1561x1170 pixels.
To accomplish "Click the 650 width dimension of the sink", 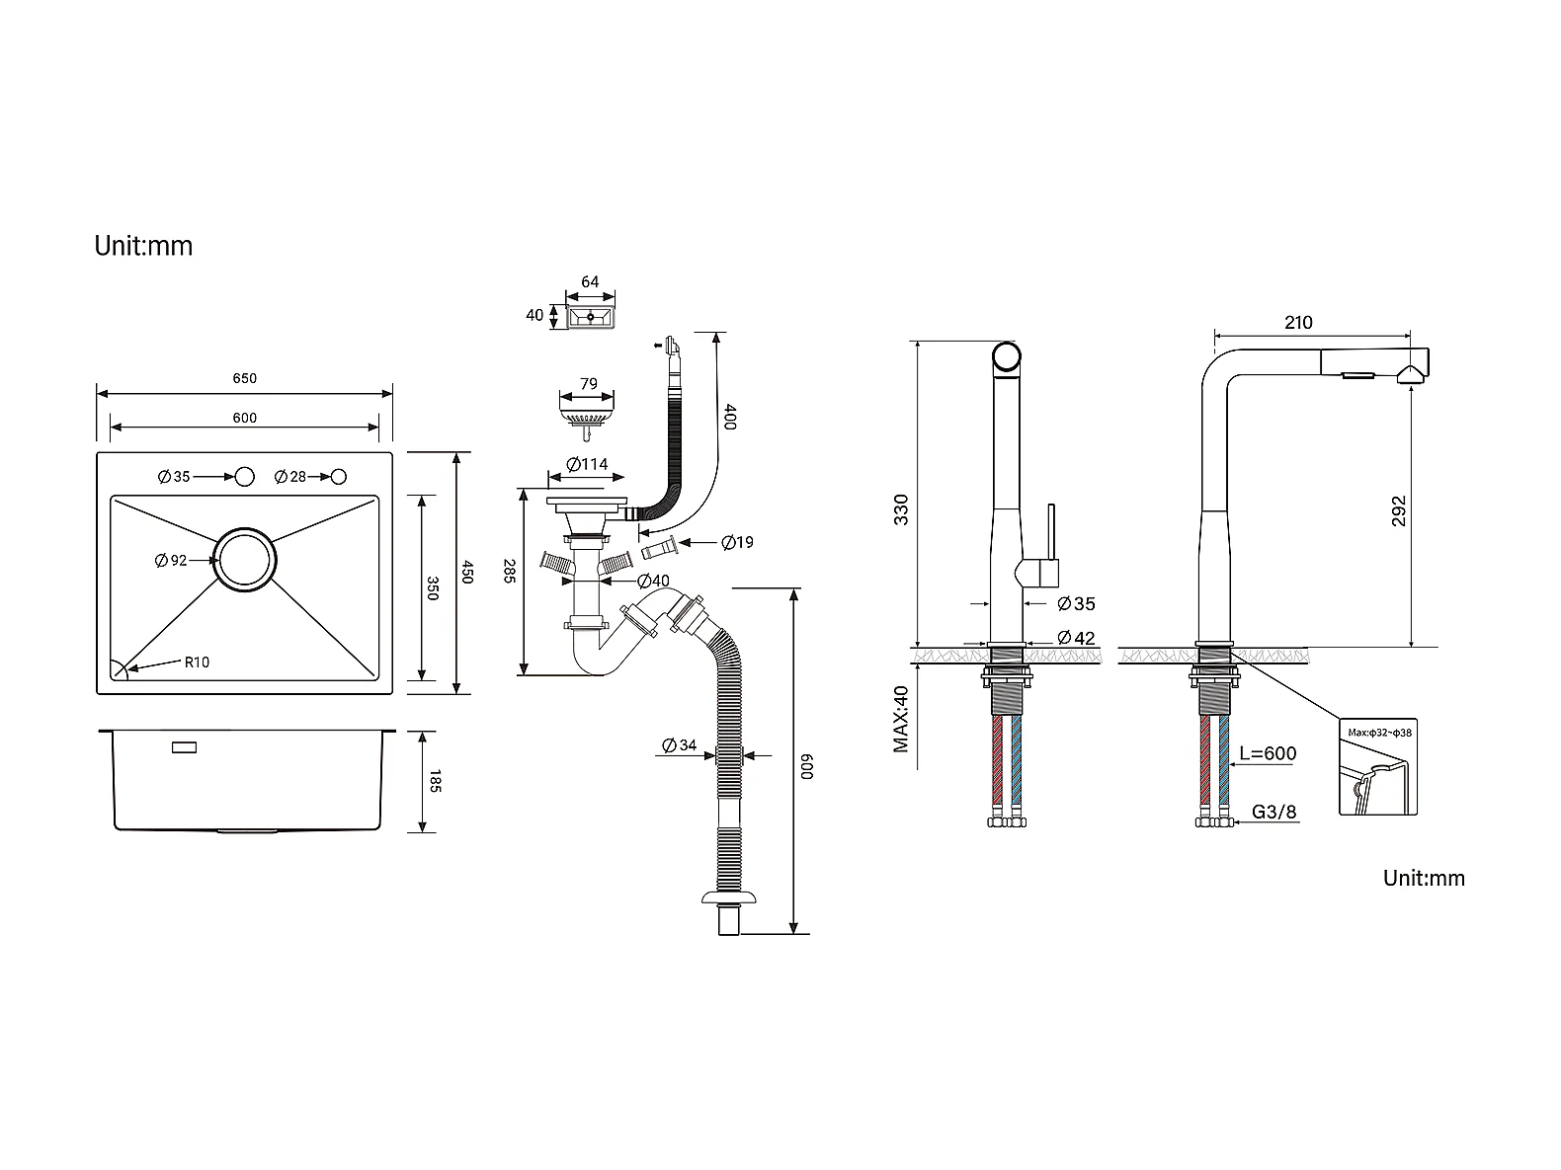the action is pos(244,378).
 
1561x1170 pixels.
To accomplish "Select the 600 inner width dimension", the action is pos(244,419).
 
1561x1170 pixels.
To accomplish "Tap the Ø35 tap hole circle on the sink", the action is pos(244,477).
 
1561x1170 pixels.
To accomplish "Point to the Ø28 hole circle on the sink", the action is pos(339,477).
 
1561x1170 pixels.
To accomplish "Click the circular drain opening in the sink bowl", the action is pos(244,561).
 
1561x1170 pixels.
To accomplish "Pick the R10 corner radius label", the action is pos(197,663).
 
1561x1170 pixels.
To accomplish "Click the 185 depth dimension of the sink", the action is pos(435,781).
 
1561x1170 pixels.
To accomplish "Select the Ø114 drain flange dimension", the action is pos(587,465).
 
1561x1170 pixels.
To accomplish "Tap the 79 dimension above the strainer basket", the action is pos(588,384).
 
